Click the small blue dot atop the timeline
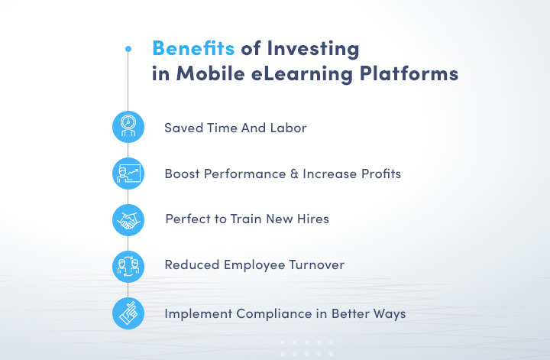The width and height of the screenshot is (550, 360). click(x=128, y=49)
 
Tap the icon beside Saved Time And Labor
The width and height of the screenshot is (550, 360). click(x=128, y=128)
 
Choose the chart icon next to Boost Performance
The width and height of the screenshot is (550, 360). click(x=128, y=174)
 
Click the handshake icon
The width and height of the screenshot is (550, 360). click(x=128, y=219)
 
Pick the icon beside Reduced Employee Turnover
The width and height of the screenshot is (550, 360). click(x=128, y=265)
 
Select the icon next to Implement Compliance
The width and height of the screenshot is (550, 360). click(x=128, y=312)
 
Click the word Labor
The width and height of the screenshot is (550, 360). click(x=289, y=128)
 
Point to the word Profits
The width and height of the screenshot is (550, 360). click(x=377, y=174)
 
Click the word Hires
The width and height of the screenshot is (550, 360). click(x=312, y=219)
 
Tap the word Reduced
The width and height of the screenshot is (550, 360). click(x=191, y=265)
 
